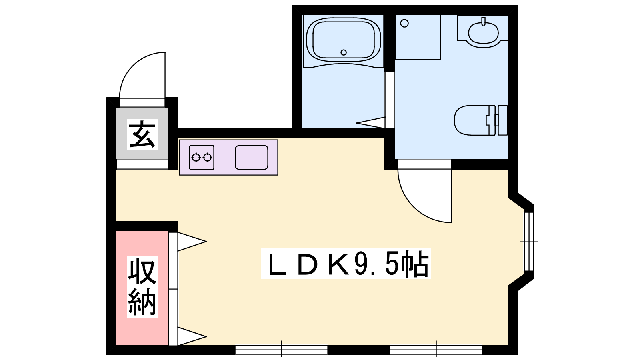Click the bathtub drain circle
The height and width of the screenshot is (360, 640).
(x=344, y=52)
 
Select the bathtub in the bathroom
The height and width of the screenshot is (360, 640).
(x=344, y=40)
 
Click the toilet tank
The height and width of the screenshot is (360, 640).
(x=502, y=120)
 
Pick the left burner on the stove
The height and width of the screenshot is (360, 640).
(x=196, y=157)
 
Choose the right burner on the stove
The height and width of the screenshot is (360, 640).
(x=207, y=157)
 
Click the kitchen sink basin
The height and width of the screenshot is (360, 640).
(x=252, y=158)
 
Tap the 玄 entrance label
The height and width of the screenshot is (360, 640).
(x=142, y=134)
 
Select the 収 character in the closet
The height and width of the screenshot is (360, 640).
(x=142, y=272)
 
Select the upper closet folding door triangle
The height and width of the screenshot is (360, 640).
(x=192, y=242)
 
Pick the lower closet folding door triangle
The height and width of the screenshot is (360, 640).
(x=192, y=336)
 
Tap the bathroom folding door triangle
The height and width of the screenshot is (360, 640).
(x=370, y=122)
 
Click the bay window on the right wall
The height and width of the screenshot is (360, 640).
(x=529, y=242)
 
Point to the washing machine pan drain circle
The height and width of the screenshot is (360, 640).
(x=404, y=23)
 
